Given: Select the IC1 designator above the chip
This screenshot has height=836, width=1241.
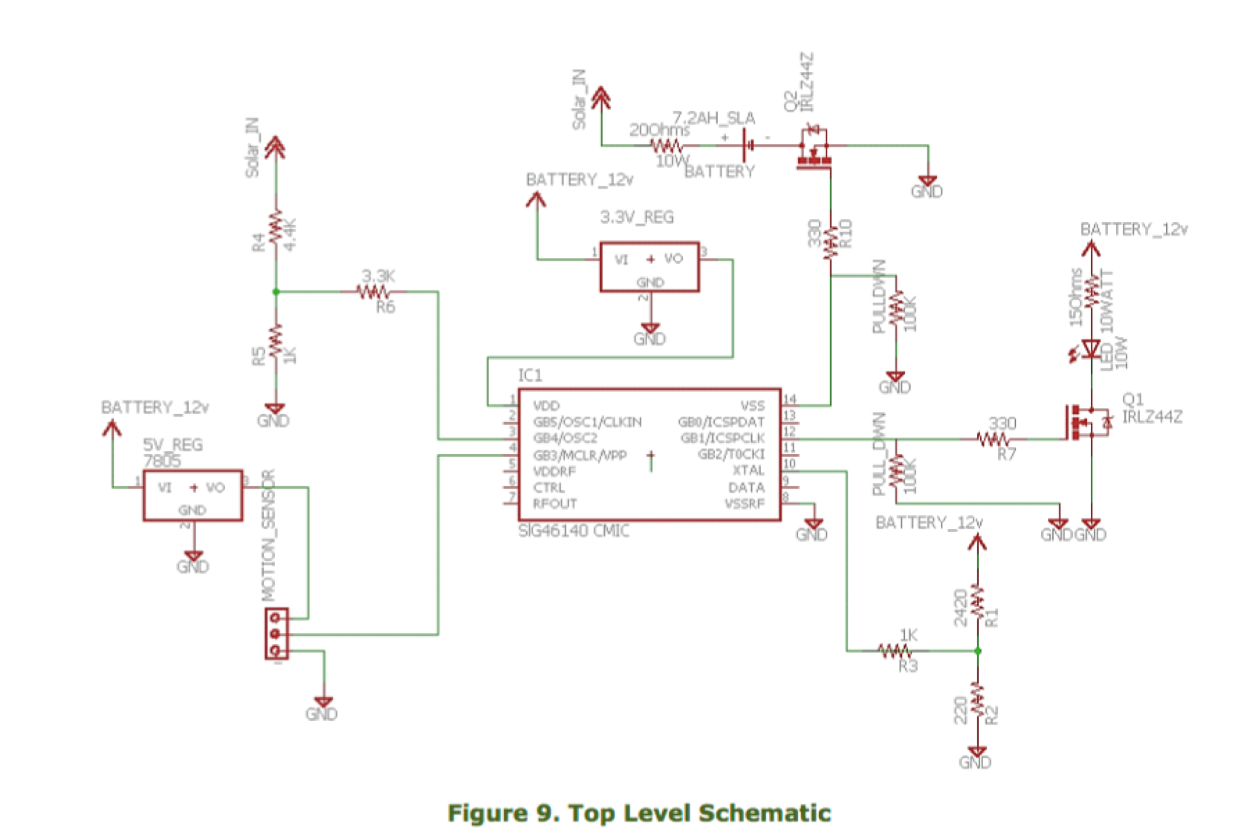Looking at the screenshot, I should (530, 375).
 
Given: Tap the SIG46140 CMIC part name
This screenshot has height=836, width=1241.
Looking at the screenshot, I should (574, 531).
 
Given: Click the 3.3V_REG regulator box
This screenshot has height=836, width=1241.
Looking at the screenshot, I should (649, 266).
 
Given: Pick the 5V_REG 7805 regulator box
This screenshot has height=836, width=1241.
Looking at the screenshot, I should (192, 495).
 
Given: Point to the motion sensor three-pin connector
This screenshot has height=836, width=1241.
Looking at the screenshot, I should (276, 634).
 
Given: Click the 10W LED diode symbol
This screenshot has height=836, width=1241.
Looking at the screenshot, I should (1091, 348).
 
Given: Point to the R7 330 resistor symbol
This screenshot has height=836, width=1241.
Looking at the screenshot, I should (994, 439).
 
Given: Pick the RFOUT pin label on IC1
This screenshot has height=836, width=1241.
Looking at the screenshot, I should (554, 504).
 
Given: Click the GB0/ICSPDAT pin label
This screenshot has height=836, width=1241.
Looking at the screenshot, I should (721, 422).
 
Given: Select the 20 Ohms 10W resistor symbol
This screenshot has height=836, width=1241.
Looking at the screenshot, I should (666, 146).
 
